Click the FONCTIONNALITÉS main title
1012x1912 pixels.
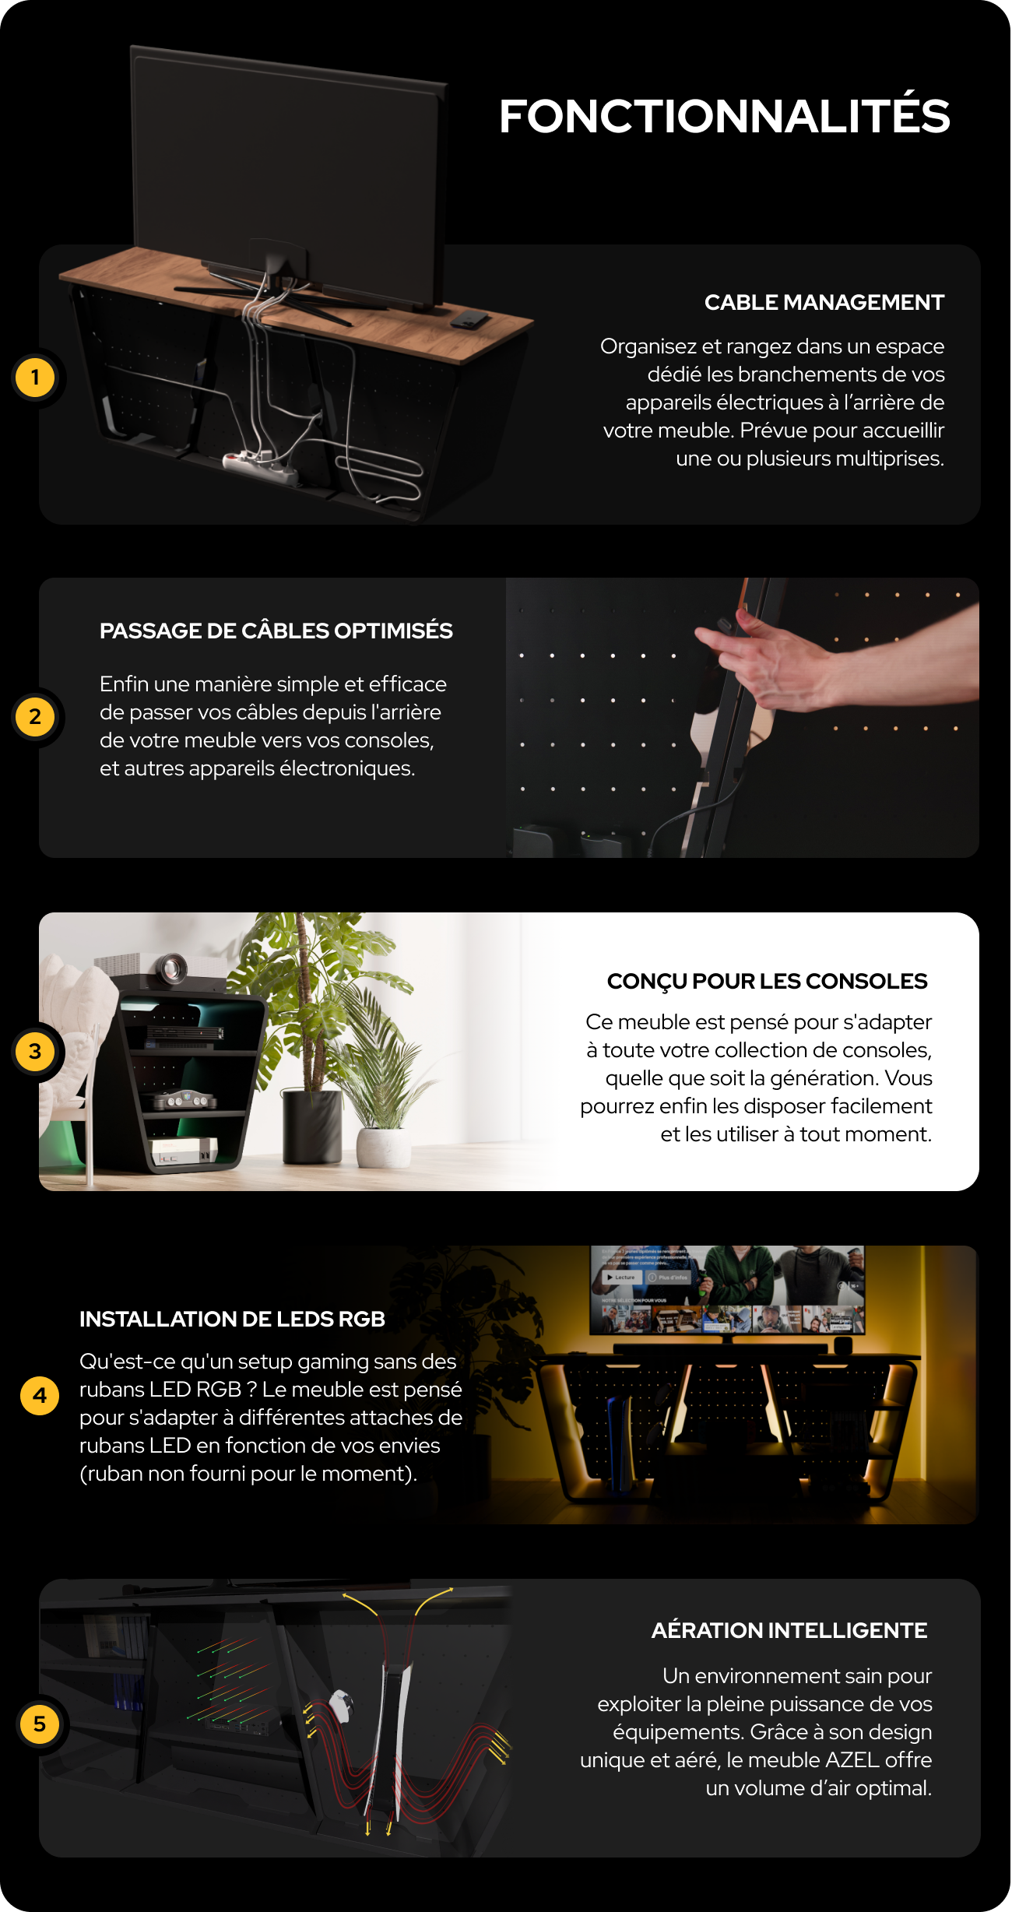(x=724, y=117)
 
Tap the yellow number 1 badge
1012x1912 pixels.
(x=35, y=378)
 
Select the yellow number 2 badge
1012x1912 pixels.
(x=35, y=717)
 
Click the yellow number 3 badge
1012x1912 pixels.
(x=35, y=1052)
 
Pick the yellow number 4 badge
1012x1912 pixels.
(x=40, y=1395)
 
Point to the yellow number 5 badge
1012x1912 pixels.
(x=40, y=1724)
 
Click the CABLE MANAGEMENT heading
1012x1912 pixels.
(x=824, y=302)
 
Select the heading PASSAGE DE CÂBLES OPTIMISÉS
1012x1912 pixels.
(x=276, y=631)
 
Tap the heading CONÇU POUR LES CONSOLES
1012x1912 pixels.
(x=767, y=981)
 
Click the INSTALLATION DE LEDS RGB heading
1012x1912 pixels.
(x=232, y=1319)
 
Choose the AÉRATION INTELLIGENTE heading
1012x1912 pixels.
(x=789, y=1630)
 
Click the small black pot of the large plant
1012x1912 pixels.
(x=312, y=1125)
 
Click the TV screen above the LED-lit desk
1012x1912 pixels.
(x=727, y=1289)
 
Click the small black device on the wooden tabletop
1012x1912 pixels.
(x=469, y=318)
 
